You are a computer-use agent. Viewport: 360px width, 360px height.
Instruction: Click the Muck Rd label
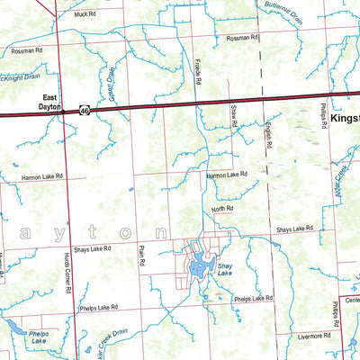point(85,15)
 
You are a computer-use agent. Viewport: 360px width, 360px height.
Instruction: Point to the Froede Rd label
point(195,73)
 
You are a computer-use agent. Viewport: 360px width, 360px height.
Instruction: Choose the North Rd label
point(222,208)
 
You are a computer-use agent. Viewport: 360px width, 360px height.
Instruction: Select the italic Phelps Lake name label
point(14,338)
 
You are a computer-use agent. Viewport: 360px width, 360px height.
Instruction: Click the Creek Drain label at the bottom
point(107,342)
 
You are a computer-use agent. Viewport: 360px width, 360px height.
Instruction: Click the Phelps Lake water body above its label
point(10,325)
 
